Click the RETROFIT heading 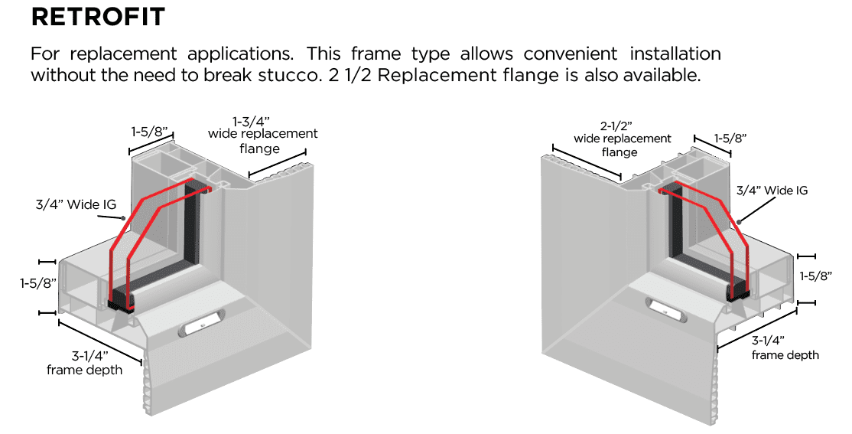(98, 17)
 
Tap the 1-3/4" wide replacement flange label (262, 134)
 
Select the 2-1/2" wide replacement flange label (623, 139)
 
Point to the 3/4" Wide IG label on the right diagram (772, 191)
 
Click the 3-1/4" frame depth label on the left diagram (84, 363)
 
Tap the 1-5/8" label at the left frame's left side (39, 283)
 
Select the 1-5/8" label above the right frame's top (730, 138)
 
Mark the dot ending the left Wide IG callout (123, 217)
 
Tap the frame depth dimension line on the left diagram (100, 341)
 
